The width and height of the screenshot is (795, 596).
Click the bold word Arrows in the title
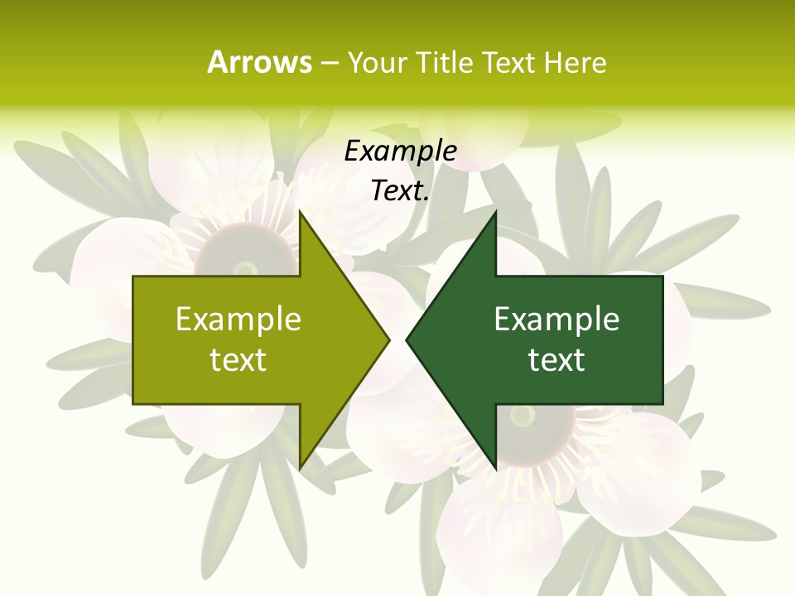click(259, 62)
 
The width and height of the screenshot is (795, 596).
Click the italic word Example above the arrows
click(400, 151)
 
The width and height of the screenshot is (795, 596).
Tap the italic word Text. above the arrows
click(400, 190)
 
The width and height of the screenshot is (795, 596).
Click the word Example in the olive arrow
click(238, 320)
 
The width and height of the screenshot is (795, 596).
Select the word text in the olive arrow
click(238, 360)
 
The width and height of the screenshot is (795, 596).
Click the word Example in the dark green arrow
click(556, 320)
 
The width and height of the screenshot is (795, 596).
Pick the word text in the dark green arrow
click(556, 360)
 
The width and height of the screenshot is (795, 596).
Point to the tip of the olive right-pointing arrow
click(389, 339)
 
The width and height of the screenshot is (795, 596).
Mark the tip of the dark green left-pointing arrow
click(406, 339)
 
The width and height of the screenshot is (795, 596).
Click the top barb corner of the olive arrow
click(300, 212)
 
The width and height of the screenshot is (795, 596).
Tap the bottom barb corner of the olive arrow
click(300, 469)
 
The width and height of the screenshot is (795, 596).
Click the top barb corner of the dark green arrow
click(495, 212)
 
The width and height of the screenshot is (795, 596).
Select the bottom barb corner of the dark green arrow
click(495, 469)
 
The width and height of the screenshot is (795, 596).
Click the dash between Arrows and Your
click(329, 63)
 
